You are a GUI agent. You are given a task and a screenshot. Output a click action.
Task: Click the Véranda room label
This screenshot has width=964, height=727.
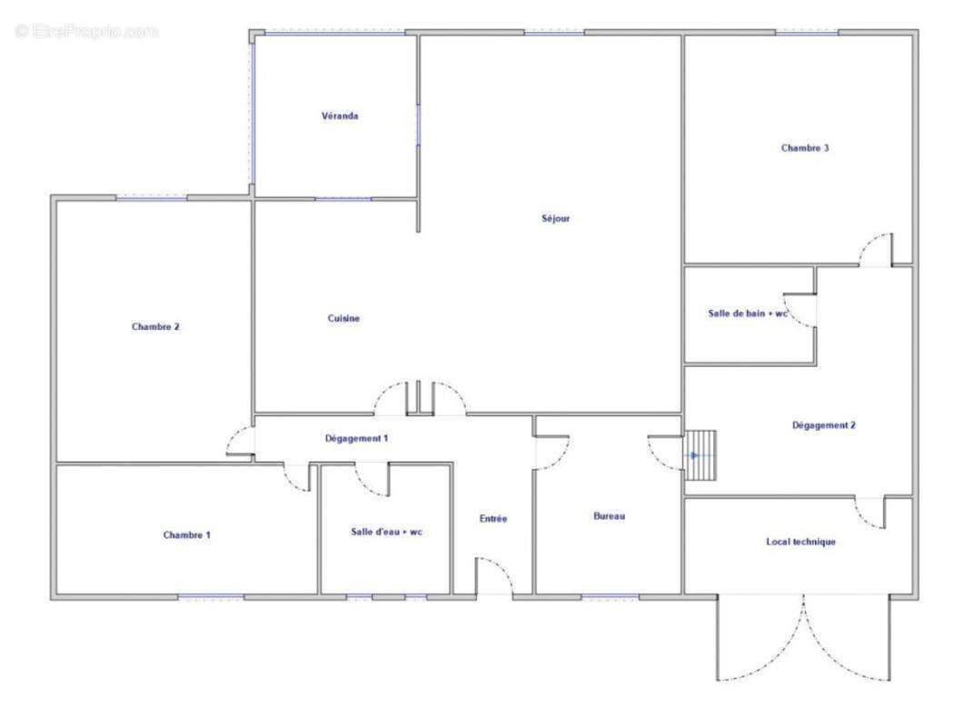(x=340, y=115)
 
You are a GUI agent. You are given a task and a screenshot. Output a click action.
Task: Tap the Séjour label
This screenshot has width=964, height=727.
(x=555, y=218)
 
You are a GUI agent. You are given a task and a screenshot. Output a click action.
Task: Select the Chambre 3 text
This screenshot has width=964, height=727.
(x=805, y=147)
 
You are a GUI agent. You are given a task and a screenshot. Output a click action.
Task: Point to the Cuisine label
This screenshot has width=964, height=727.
(x=343, y=318)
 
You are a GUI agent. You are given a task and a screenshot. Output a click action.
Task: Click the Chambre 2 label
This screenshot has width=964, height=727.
(x=155, y=326)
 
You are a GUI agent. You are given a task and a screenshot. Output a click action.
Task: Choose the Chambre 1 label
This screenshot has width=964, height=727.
(x=187, y=535)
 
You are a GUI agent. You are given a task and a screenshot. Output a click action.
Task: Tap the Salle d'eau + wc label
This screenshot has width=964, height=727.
(x=387, y=532)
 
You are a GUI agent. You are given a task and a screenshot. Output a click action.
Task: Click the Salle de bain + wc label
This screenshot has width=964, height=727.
(x=748, y=314)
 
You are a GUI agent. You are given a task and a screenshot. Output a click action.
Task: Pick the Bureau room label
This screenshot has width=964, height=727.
(x=610, y=517)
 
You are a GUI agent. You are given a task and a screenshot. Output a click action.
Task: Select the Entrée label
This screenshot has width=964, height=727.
(x=493, y=519)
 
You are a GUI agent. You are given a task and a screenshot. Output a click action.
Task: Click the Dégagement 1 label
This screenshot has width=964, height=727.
(x=356, y=439)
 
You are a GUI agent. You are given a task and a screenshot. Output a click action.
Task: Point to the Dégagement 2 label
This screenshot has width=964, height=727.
(x=824, y=425)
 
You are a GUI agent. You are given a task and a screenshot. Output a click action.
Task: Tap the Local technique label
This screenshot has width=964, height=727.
(x=800, y=542)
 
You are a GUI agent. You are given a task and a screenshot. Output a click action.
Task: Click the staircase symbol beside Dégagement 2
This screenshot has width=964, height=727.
(x=701, y=456)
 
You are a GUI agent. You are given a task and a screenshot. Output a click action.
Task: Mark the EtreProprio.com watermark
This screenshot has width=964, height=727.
(x=86, y=31)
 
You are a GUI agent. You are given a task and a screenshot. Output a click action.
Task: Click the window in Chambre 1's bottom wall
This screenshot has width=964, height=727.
(x=211, y=596)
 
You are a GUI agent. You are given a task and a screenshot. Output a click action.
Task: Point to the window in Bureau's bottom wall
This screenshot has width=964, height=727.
(x=610, y=596)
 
